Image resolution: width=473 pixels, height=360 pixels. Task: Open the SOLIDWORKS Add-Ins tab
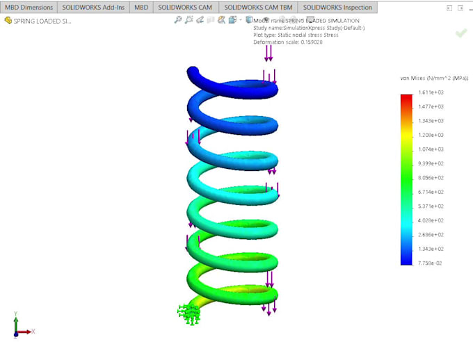[93, 7]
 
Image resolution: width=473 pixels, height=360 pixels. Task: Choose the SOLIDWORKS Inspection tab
[337, 7]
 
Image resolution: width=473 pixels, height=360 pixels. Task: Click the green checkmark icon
[460, 33]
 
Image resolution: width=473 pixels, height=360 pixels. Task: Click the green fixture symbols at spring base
[189, 314]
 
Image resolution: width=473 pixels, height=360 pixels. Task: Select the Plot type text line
[296, 35]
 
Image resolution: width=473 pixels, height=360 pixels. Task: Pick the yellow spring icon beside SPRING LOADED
[8, 21]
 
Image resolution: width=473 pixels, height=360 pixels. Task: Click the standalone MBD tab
[141, 7]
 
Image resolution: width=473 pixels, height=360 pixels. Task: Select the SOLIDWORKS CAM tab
[184, 7]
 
